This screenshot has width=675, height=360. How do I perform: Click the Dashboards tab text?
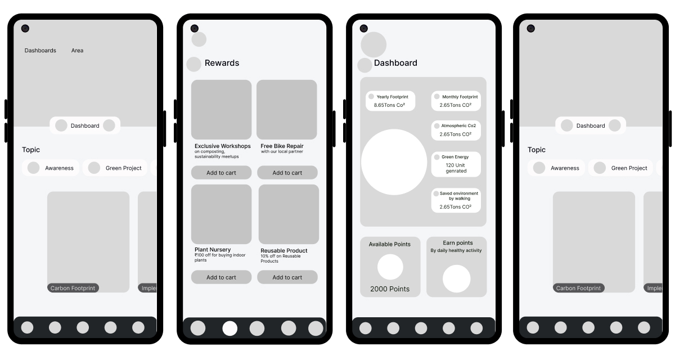pos(40,50)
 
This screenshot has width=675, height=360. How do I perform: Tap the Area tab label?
pos(77,50)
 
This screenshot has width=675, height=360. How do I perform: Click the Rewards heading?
pos(222,62)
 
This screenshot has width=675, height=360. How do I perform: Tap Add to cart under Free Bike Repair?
pos(287,173)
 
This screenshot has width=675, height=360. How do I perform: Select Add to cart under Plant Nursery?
pos(221,277)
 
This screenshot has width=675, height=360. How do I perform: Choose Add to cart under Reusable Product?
pos(287,277)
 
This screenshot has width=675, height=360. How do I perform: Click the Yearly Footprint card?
pos(390,101)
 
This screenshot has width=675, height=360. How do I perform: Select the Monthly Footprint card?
pos(456,101)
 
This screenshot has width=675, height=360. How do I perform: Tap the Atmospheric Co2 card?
pos(456,130)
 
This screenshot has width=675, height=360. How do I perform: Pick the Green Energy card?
pos(456,164)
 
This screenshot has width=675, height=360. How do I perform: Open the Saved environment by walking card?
pos(456,200)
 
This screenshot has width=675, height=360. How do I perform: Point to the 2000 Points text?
pos(390,289)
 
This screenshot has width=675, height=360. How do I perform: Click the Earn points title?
pos(458,243)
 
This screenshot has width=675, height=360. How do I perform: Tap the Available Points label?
pos(390,244)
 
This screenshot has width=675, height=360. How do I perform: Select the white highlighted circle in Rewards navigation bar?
pos(230,328)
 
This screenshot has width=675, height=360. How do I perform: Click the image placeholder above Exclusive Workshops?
pos(221,110)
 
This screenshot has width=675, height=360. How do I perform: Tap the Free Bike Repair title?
pos(282,146)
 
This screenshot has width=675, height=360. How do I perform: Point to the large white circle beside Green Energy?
pos(394,162)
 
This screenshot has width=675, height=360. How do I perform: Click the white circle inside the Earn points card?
pos(457,278)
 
